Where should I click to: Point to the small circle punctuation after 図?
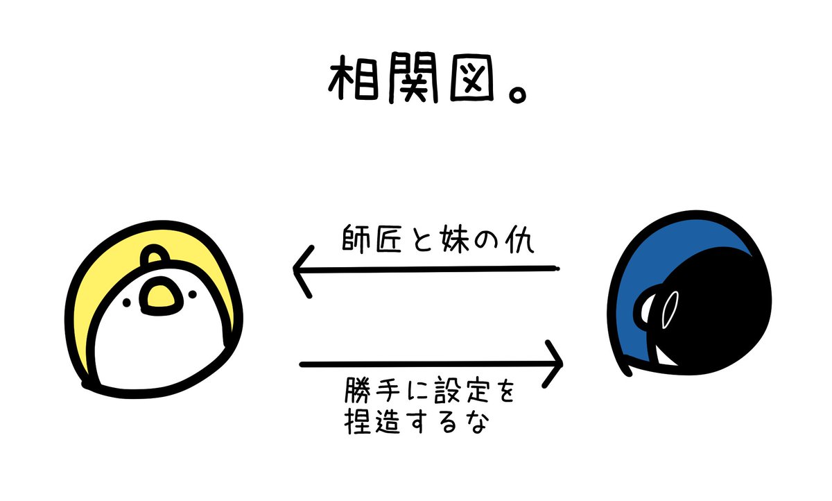[515, 95]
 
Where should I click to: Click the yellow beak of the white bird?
[159, 295]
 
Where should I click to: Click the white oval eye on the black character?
[669, 309]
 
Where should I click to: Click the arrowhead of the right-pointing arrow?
[554, 363]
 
